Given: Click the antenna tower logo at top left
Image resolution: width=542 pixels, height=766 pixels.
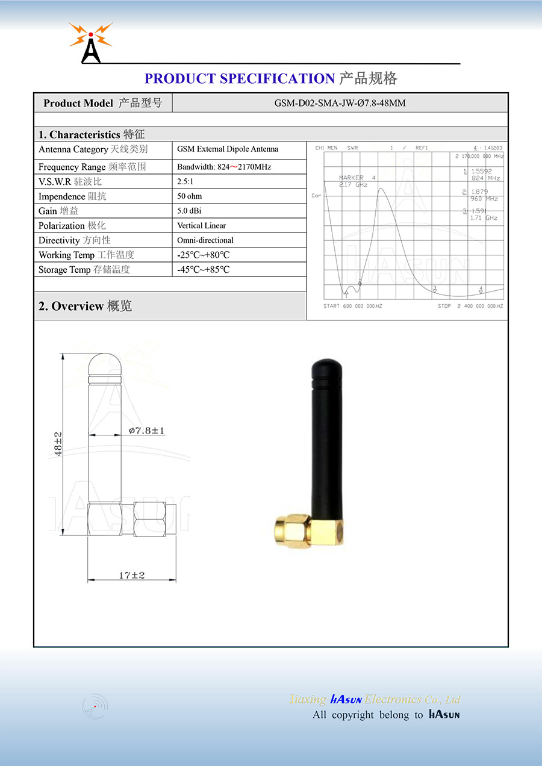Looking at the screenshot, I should coord(91,43).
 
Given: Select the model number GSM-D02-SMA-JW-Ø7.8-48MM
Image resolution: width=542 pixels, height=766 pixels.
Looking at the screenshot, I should coord(340,103).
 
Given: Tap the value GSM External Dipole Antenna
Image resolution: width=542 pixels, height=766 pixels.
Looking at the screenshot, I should coord(228,149).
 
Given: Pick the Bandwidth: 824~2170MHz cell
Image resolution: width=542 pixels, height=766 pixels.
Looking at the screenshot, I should coord(224,167).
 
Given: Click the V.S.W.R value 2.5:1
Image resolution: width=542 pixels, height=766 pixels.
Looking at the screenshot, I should coord(185,181).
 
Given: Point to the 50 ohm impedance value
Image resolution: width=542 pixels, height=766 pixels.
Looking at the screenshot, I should coord(189,196).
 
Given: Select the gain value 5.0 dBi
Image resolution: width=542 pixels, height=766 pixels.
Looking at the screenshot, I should coord(190,211).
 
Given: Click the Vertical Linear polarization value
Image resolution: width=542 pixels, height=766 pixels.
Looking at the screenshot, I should coord(201,225).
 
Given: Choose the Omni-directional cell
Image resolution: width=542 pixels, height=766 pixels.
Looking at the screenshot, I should coord(205,240).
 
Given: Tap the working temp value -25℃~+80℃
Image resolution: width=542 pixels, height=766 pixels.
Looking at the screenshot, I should coord(203,255).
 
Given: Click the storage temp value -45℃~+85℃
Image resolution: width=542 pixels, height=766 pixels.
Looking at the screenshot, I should coord(203,269).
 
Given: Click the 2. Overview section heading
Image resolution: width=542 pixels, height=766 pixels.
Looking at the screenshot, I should coord(85,306).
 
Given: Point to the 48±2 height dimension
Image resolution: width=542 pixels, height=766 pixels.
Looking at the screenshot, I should coord(58,443).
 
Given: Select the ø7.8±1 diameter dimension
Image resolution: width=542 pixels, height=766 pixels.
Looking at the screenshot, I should coord(146,431).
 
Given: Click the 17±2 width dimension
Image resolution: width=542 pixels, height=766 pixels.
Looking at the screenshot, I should coord(131,575).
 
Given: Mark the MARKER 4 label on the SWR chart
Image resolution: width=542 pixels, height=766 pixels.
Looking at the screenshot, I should coord(357,178).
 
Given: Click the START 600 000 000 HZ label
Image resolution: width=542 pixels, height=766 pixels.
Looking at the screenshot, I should coord(352,306).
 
